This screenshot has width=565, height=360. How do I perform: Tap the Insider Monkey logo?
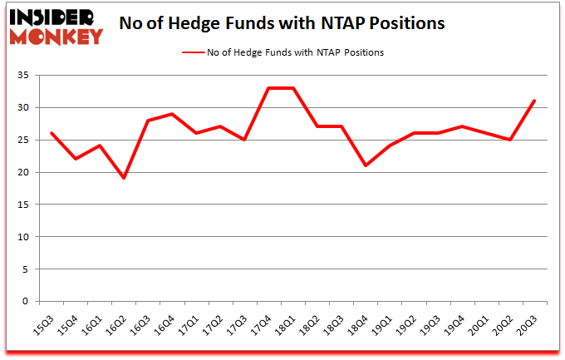[56, 26]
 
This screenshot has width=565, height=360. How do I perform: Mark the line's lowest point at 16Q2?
[124, 178]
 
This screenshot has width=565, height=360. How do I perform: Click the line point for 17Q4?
[268, 88]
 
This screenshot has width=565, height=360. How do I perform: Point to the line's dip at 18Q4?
[365, 165]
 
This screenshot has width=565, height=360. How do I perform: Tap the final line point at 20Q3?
[534, 101]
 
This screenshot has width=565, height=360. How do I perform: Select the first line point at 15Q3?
[52, 133]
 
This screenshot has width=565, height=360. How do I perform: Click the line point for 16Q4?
[172, 114]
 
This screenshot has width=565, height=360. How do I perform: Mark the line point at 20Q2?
[510, 140]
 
